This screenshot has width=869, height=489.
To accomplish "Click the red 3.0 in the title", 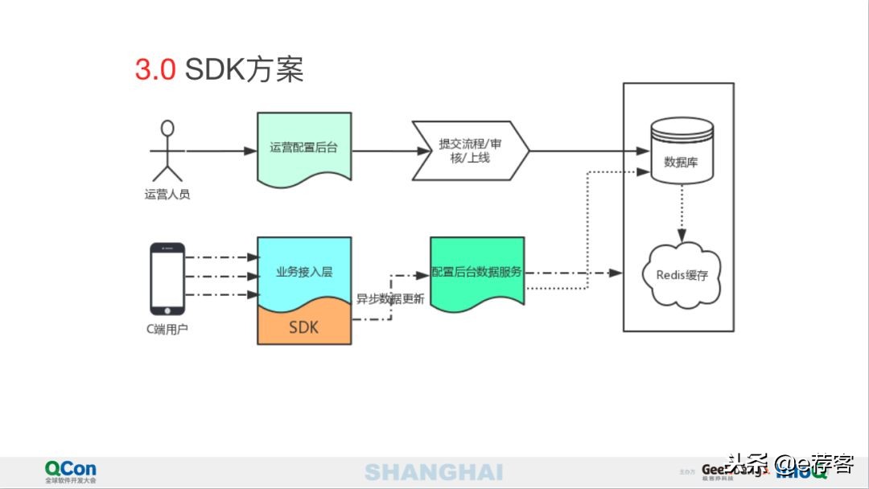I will (x=154, y=70).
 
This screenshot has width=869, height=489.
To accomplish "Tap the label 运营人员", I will (x=167, y=194).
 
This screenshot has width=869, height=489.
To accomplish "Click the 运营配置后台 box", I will (x=304, y=148).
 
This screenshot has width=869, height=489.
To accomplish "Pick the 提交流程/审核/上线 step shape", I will (x=470, y=150).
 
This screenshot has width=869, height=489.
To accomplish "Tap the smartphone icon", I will (x=167, y=278).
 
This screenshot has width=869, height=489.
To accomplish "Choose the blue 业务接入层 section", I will (x=303, y=269).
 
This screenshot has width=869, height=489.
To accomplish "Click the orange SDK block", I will (x=303, y=326).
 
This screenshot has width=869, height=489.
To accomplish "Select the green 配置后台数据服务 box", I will (x=477, y=272).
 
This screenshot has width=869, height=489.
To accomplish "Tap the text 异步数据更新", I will (x=390, y=298).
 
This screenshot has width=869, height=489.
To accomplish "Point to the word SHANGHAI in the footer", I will (x=434, y=472).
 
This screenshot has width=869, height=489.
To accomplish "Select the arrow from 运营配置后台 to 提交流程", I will (x=382, y=150).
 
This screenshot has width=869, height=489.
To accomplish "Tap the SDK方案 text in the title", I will (x=244, y=70).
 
